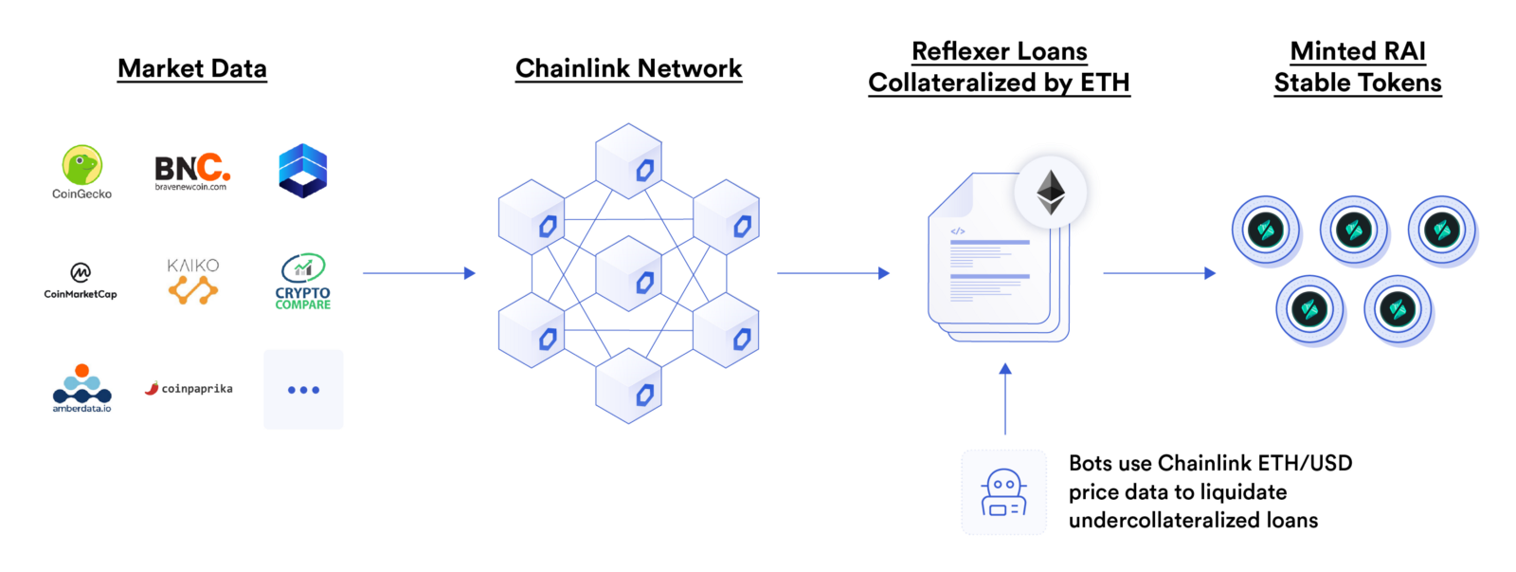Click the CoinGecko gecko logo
[82, 165]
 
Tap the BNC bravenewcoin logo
[192, 172]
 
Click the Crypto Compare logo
[303, 281]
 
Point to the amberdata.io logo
[81, 388]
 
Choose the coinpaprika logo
[189, 388]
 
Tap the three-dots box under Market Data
[303, 390]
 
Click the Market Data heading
[192, 68]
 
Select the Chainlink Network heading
[629, 68]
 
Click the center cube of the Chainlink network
[629, 274]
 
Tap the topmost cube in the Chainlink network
[629, 161]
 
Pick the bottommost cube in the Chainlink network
[629, 386]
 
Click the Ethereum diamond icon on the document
[1051, 193]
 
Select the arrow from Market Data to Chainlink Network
[419, 273]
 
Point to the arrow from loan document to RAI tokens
[1160, 273]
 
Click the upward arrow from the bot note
[1005, 398]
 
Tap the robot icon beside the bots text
[1003, 492]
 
